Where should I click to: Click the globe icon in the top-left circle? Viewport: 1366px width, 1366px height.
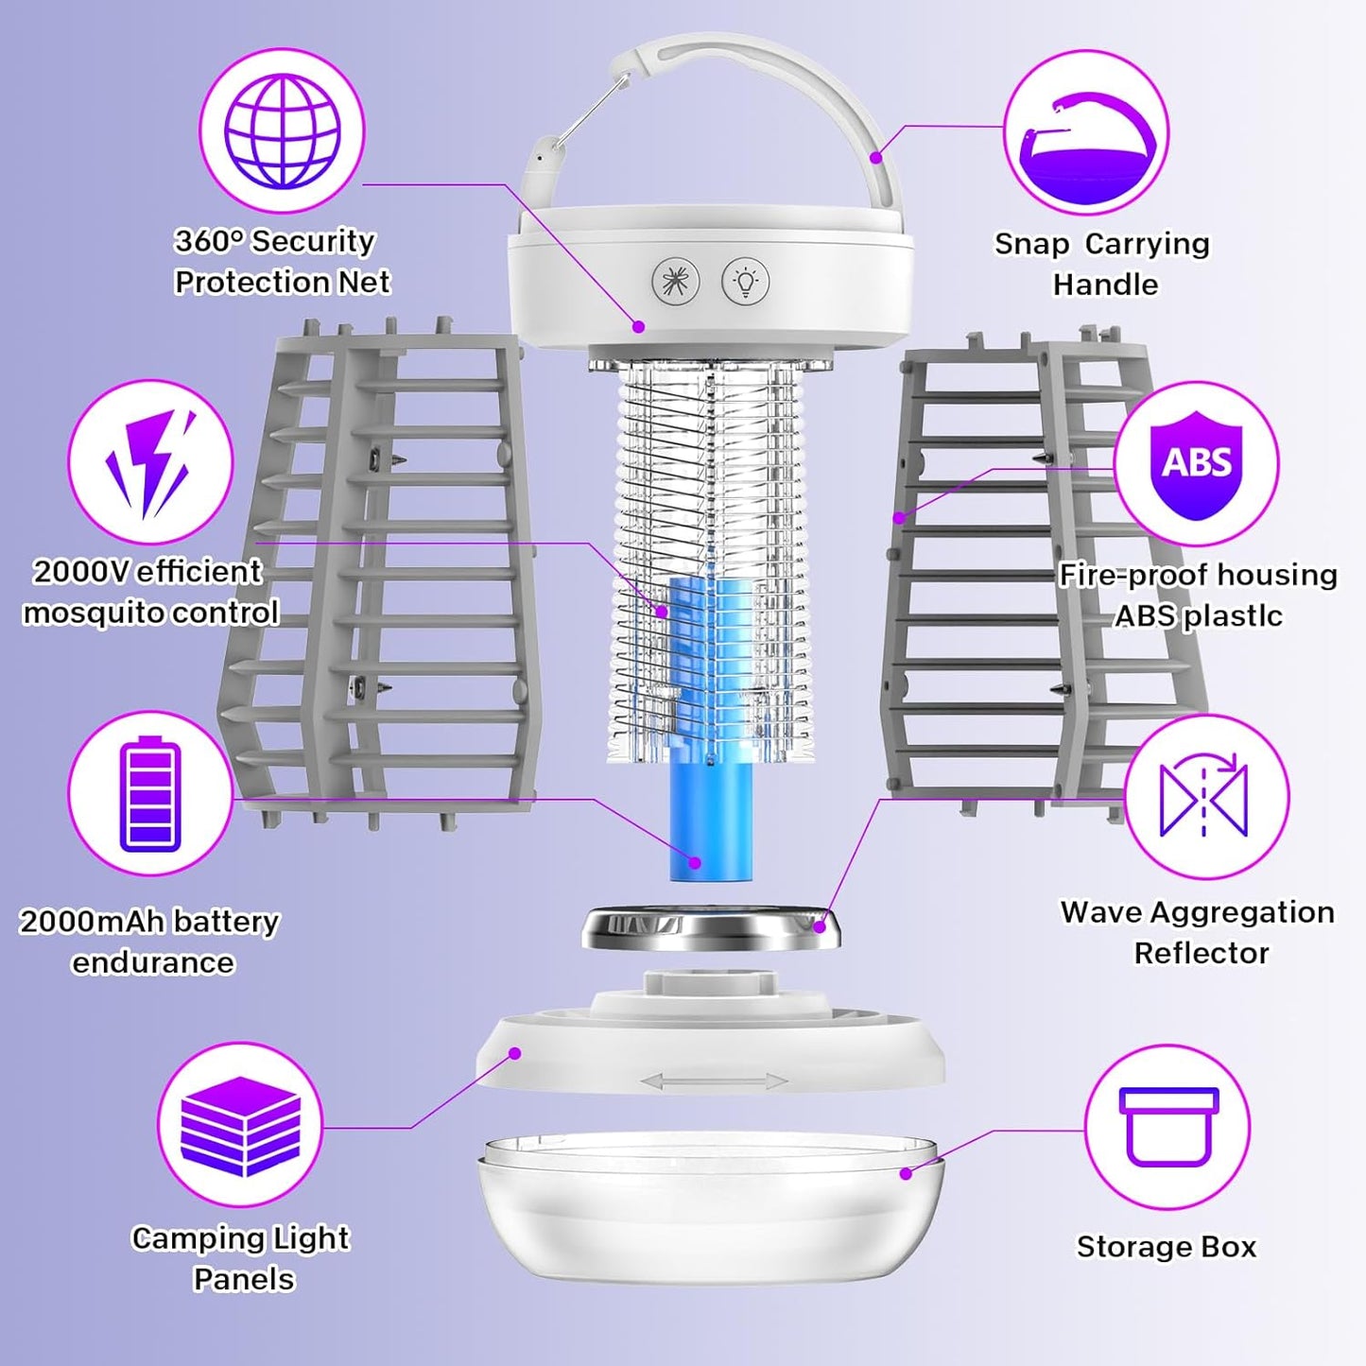(x=282, y=131)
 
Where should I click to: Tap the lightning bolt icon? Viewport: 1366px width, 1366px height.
(x=150, y=462)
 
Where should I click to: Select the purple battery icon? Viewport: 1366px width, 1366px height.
(x=150, y=793)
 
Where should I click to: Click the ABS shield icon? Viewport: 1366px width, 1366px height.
(x=1196, y=464)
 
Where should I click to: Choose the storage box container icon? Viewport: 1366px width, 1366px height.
(x=1167, y=1126)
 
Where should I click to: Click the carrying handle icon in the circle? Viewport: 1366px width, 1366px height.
(x=1086, y=134)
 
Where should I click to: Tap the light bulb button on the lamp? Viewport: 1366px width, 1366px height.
(x=745, y=281)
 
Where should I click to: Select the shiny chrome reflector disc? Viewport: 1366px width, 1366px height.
(x=711, y=929)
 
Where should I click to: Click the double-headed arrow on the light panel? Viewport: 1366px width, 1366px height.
(x=714, y=1081)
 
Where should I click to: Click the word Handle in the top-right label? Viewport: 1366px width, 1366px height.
(x=1104, y=285)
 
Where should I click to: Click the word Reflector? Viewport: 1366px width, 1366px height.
(x=1201, y=953)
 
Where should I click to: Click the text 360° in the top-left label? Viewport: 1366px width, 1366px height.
(x=209, y=241)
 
